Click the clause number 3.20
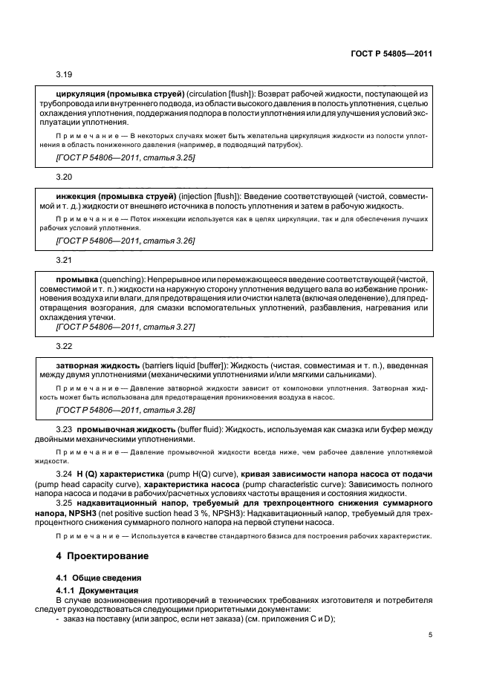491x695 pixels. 64,178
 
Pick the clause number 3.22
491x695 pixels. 64,346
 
